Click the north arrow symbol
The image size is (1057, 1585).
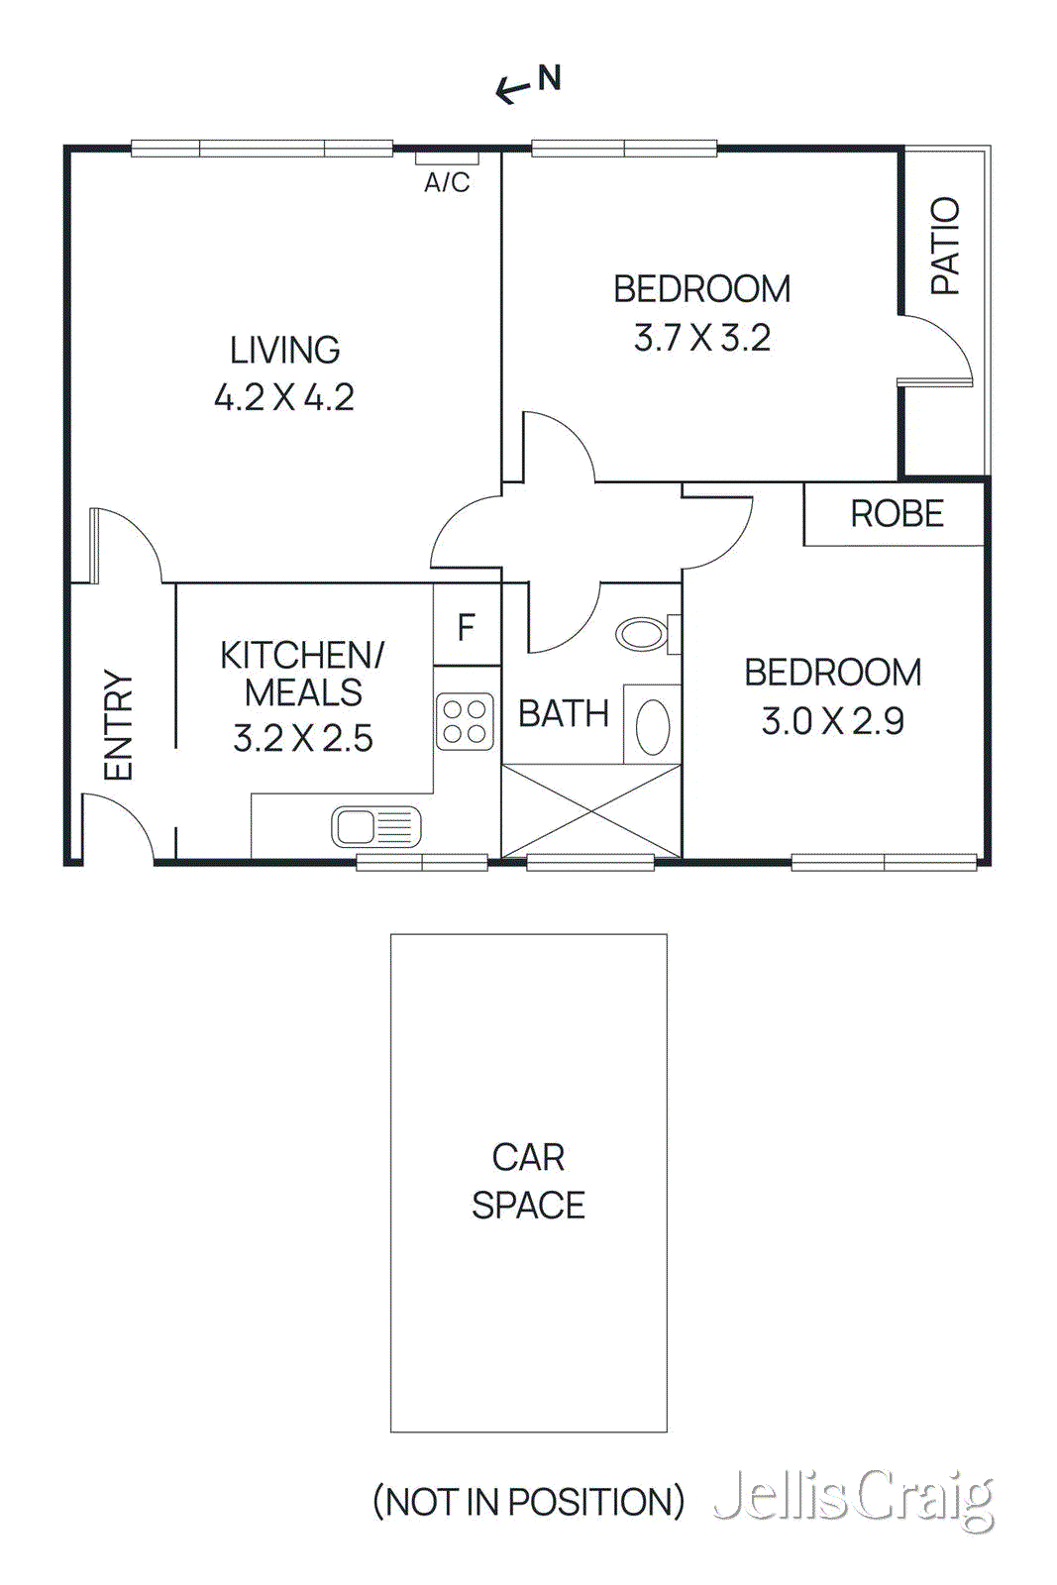tap(528, 83)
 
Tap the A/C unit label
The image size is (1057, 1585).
tap(447, 182)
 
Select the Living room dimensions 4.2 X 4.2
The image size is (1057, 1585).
tap(284, 398)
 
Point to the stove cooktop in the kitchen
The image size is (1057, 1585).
tap(465, 721)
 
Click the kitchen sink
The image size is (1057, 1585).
tap(375, 827)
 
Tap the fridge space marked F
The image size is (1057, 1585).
tap(467, 627)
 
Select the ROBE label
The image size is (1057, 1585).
tap(897, 514)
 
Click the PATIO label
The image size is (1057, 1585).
tap(946, 245)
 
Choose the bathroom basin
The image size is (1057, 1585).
tap(652, 726)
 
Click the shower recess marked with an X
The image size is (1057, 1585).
tap(591, 811)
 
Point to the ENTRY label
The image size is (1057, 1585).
tap(118, 725)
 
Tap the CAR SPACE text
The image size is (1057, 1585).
tap(528, 1181)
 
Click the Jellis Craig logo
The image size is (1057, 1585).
tap(853, 1498)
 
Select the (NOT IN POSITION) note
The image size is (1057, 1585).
tap(528, 1502)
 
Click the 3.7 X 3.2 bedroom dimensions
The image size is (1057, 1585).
tap(701, 339)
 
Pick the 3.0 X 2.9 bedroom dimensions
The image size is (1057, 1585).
tap(832, 721)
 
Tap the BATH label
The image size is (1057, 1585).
tap(563, 714)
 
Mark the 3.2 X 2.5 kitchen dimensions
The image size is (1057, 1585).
tap(303, 739)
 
